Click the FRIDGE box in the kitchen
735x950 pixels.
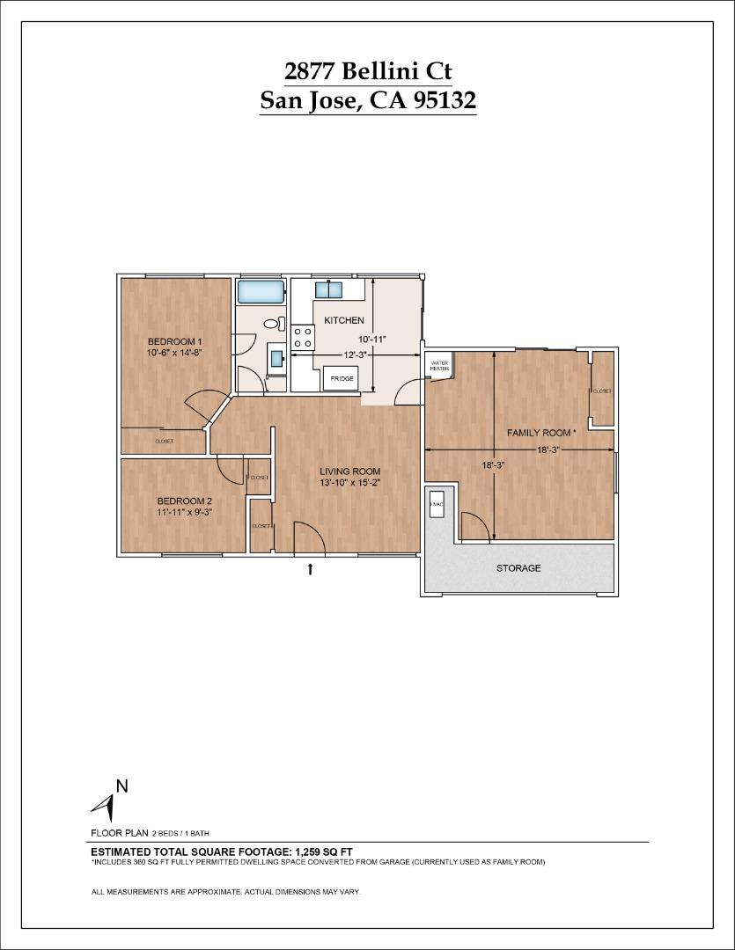342,379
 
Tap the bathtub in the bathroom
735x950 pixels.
260,291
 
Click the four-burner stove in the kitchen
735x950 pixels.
304,337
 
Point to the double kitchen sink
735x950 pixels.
330,289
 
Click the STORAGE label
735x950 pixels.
518,568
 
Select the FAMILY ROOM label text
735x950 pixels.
540,433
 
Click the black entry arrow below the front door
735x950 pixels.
310,569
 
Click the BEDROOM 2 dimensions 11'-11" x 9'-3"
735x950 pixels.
184,511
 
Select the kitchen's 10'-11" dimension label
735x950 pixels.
371,339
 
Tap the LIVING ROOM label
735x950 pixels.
349,471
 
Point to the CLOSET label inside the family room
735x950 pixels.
602,391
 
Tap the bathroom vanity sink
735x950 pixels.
276,358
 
